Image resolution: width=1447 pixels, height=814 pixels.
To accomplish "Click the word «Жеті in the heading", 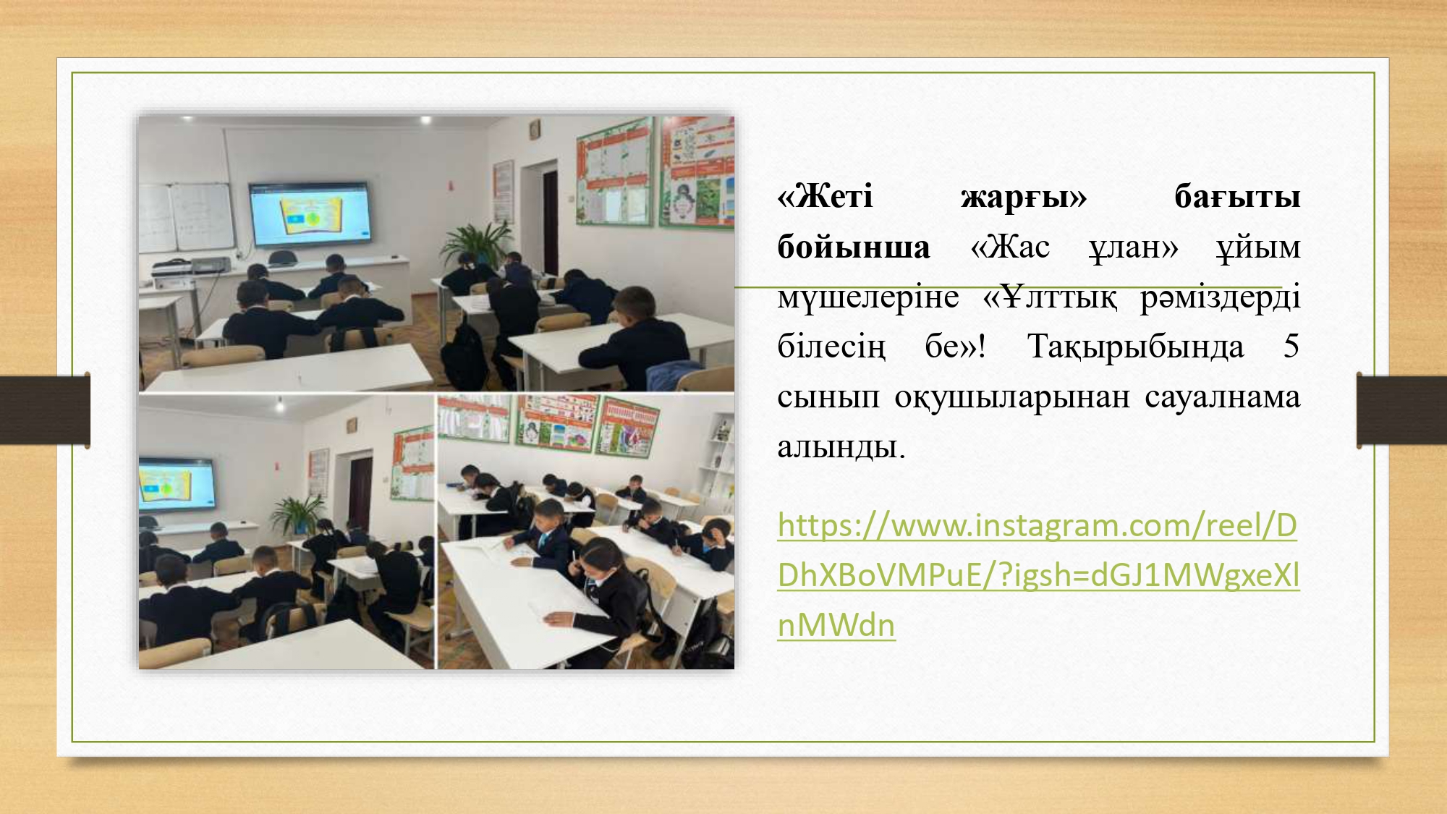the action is point(825,196).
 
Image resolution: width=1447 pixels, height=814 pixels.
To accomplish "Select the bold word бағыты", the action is point(1237,197).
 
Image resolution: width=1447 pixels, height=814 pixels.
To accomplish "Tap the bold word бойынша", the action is point(854,247).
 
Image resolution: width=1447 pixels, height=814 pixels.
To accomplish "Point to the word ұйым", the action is point(1258,247).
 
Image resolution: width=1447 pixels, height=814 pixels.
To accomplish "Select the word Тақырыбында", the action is point(1136,347).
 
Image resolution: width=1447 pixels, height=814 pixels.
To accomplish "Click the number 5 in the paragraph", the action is point(1291,347).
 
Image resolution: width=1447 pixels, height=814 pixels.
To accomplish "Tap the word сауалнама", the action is point(1223,397).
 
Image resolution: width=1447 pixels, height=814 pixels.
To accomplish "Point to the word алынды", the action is point(841,447).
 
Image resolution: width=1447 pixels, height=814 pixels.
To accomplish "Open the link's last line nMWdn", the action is point(836,625).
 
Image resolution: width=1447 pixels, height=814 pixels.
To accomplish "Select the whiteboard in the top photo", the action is point(187,217).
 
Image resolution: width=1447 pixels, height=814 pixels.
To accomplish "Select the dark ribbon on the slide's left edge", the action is point(45,410).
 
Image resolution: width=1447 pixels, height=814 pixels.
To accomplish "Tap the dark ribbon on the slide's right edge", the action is point(1401,410).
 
